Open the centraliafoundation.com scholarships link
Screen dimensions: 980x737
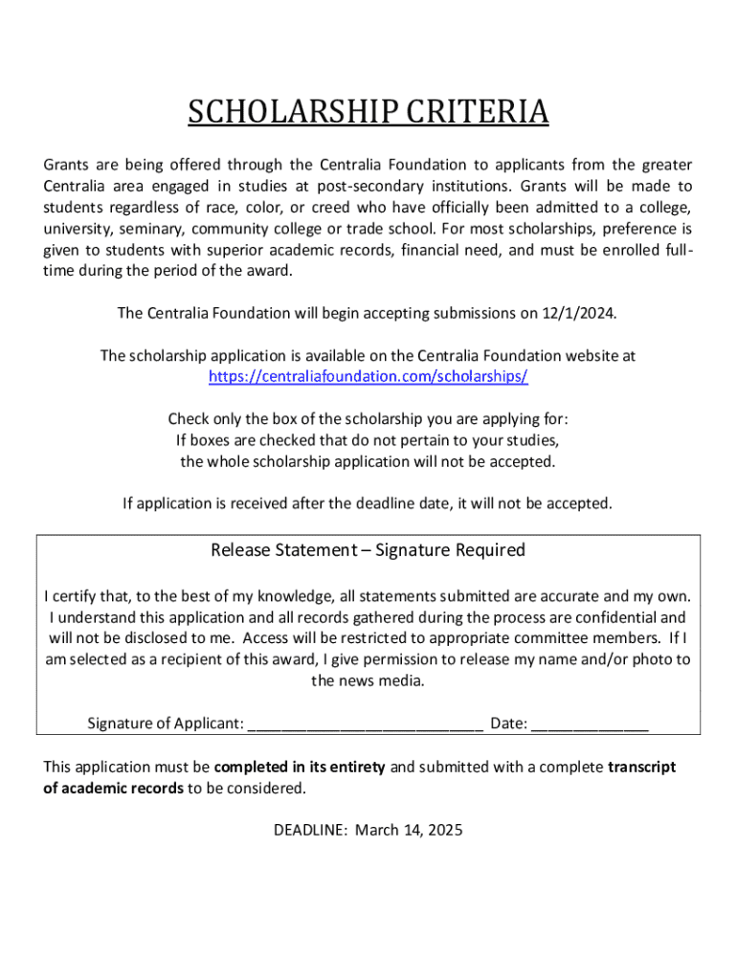368,376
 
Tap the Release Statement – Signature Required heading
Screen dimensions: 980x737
368,550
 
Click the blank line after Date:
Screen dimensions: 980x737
590,724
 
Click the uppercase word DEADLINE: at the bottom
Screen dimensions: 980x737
310,831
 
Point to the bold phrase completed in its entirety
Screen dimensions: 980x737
300,768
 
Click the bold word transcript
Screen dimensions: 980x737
641,768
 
